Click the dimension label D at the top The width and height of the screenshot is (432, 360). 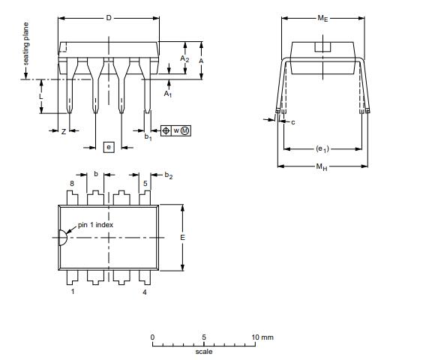(x=109, y=18)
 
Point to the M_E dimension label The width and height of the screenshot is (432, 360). (x=322, y=18)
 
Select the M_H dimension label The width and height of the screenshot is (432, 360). (x=322, y=166)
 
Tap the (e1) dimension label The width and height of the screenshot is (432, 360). (x=322, y=149)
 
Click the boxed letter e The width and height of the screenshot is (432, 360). (x=109, y=147)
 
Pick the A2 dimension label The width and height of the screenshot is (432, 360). (x=184, y=58)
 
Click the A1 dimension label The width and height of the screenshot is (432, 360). (x=168, y=94)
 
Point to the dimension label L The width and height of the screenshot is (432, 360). (x=41, y=97)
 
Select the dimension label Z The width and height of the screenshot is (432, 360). (x=64, y=132)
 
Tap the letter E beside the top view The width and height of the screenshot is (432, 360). (x=182, y=237)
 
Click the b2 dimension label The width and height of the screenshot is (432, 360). (x=169, y=175)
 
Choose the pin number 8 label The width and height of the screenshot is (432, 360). (x=72, y=184)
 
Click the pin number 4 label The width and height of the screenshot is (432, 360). (x=145, y=292)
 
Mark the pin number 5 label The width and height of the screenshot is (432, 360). (x=145, y=184)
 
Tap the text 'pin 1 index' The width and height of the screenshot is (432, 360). (x=95, y=225)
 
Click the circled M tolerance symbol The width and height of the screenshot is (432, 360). (x=185, y=130)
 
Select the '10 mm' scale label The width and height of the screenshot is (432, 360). (x=262, y=337)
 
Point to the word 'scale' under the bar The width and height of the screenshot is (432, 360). (x=204, y=352)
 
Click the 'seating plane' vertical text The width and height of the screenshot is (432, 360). (x=25, y=43)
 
